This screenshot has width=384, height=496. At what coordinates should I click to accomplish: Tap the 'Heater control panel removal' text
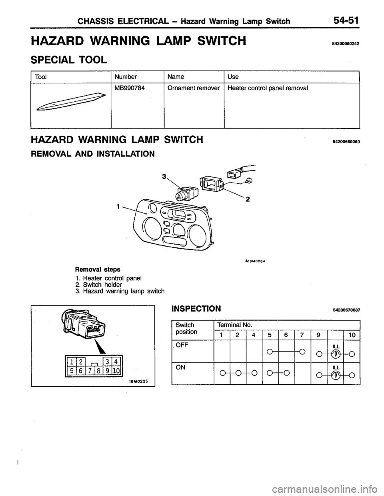point(268,88)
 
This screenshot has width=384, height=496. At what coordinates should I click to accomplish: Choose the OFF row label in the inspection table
point(181,344)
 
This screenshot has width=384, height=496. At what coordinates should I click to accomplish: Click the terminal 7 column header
point(302,335)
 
